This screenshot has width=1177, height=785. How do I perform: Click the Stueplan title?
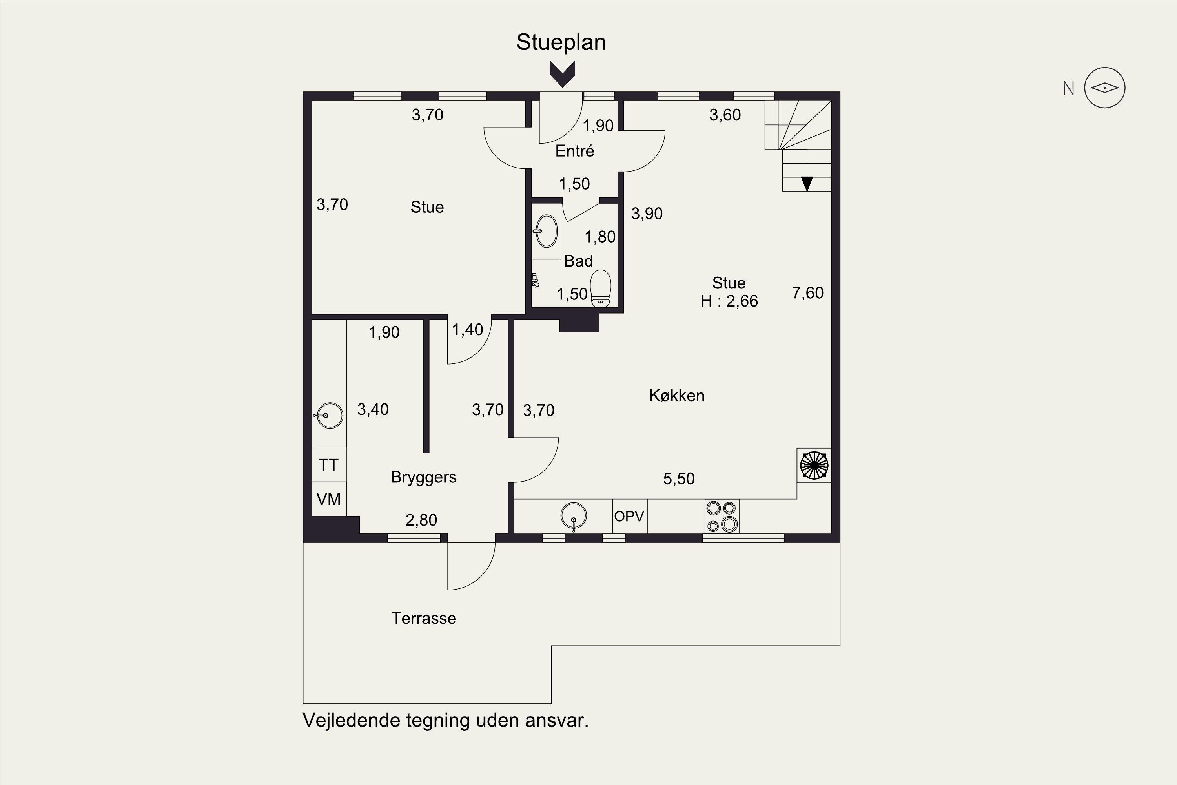coord(561,42)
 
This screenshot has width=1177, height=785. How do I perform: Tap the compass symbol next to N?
coord(1105,88)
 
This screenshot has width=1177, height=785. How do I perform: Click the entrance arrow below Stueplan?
coord(563,74)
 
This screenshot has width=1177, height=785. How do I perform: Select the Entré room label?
coord(574,151)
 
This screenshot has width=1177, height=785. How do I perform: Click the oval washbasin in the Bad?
coord(546,231)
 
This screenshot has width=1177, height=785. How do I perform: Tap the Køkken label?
coord(676,396)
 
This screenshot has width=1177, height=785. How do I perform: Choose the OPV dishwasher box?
coord(630,516)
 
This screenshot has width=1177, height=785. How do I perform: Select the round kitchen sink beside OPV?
coord(574,516)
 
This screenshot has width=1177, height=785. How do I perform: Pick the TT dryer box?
coord(329,465)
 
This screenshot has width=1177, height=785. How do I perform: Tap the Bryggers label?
coord(423,477)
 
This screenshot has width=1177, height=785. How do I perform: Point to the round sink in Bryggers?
coord(329,416)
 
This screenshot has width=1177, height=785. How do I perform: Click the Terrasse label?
coord(423,618)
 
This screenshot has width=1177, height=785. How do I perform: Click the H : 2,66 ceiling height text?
coord(729,301)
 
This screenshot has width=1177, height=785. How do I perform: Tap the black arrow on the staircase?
coord(807,184)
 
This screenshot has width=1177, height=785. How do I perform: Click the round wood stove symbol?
coord(814,466)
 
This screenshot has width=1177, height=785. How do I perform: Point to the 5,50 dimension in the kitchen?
coord(679,478)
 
